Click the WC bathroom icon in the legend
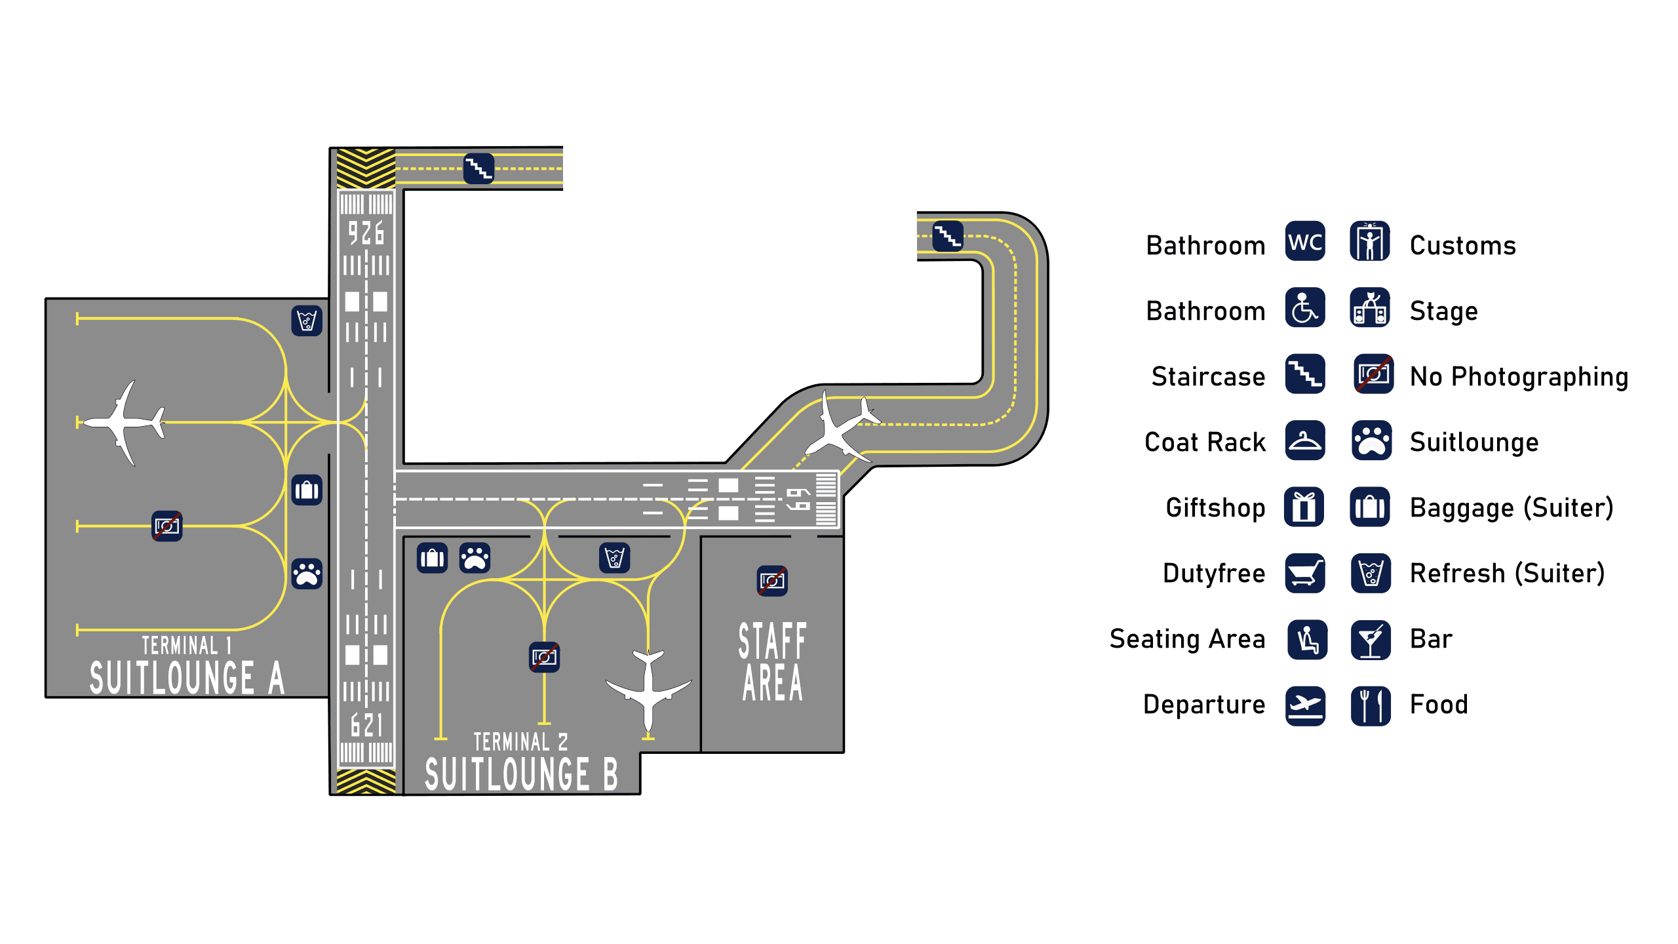point(1304,241)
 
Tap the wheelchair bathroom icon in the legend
point(1304,307)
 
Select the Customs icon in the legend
point(1369,241)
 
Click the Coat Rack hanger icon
point(1304,441)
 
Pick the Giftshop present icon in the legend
point(1304,507)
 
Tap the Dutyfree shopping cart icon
point(1304,573)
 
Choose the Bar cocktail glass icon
point(1371,640)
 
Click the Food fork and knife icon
point(1371,705)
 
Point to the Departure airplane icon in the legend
point(1305,705)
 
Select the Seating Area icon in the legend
point(1307,640)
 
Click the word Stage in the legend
point(1443,311)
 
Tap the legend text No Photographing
point(1519,377)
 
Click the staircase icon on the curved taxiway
point(947,236)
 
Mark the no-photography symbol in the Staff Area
point(772,581)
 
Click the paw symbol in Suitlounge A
point(307,574)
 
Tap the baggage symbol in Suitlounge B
point(432,558)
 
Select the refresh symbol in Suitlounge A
point(307,321)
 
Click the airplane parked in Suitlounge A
point(125,423)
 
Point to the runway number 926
point(366,233)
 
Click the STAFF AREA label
point(772,662)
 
